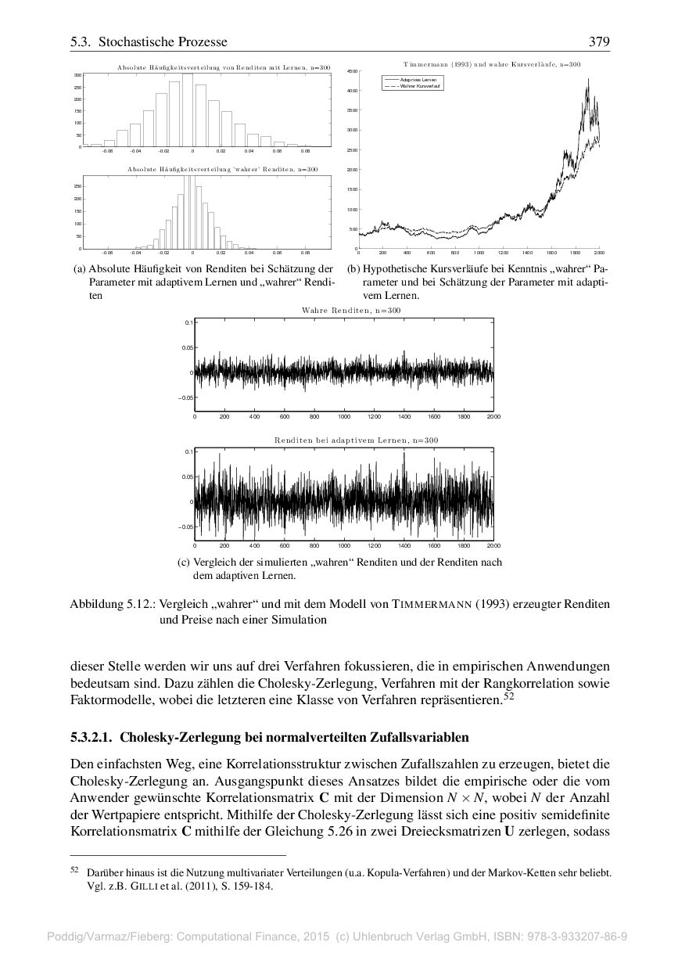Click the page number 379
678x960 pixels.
(600, 41)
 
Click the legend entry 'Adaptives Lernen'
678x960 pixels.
(412, 80)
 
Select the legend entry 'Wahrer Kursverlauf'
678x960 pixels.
(414, 85)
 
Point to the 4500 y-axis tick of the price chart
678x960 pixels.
(352, 71)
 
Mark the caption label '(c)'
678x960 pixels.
(184, 563)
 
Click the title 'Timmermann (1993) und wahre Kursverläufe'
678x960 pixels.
(481, 63)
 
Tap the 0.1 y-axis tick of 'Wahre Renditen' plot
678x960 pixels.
(188, 322)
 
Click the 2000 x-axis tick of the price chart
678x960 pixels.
(599, 253)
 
